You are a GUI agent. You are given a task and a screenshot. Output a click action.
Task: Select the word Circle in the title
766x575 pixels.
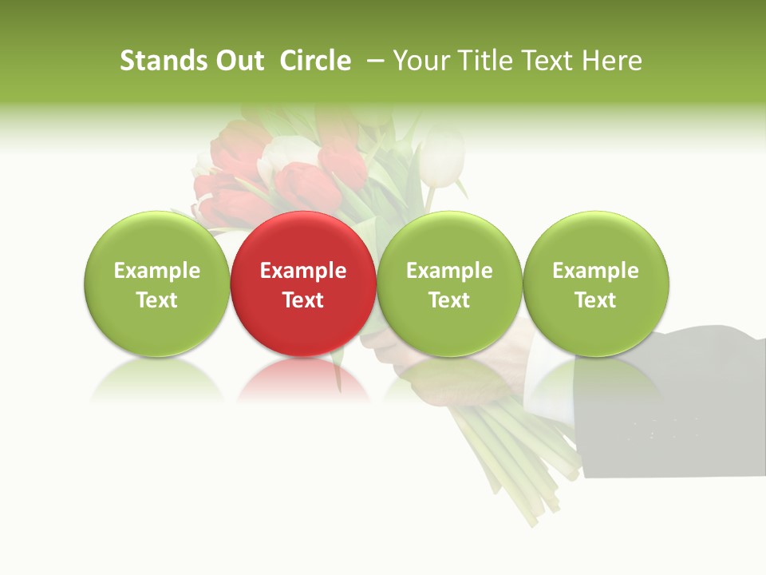315,61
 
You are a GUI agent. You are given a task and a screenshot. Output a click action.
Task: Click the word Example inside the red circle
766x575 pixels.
302,271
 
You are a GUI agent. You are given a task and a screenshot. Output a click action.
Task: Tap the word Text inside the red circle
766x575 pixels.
302,300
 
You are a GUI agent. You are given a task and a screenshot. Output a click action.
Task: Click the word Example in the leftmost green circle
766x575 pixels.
156,271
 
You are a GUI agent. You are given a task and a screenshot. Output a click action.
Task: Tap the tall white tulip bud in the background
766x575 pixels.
441,156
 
